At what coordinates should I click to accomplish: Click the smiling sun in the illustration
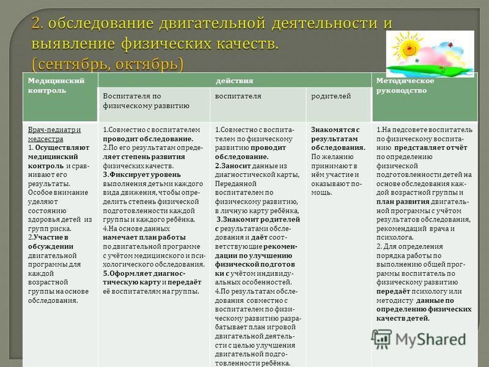point(407,47)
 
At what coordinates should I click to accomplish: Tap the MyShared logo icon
point(381,339)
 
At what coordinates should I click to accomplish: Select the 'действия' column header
point(235,81)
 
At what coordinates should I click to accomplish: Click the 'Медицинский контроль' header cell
point(60,97)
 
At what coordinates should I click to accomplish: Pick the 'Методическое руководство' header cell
point(425,97)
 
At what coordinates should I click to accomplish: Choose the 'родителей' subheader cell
point(339,104)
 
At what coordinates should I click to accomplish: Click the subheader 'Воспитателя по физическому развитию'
point(154,104)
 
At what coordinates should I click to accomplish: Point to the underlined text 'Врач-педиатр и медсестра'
point(54,134)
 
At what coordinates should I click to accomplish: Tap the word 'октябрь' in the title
point(147,64)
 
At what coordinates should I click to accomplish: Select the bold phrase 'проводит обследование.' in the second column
point(148,139)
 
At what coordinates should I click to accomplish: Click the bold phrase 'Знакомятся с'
point(335,130)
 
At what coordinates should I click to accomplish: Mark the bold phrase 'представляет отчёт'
point(431,147)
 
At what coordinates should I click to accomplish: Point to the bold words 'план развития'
point(403,202)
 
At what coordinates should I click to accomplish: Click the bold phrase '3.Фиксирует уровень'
point(142,175)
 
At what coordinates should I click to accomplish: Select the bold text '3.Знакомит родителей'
point(258,220)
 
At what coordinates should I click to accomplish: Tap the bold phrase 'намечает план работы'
point(144,237)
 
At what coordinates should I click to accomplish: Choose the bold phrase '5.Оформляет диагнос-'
point(144,273)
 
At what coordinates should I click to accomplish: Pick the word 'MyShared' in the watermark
point(431,339)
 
